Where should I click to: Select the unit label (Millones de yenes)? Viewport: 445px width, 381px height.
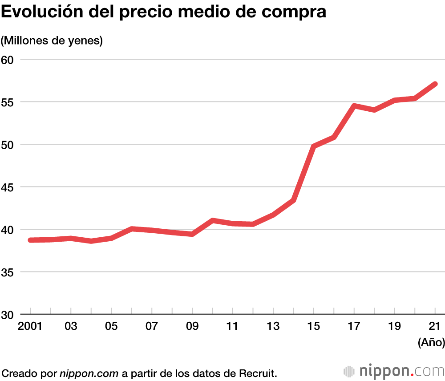click(52, 41)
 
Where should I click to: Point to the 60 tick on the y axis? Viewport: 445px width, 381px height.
click(7, 59)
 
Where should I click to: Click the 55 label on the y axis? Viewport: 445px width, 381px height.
click(7, 102)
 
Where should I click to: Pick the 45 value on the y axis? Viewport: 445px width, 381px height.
click(7, 187)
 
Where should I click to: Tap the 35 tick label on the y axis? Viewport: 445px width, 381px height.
click(7, 272)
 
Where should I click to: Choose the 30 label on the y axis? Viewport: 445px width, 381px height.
click(7, 314)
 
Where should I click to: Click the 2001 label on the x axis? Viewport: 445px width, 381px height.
click(30, 326)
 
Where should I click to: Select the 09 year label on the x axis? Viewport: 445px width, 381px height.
click(192, 326)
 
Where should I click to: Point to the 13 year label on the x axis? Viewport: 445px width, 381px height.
click(273, 326)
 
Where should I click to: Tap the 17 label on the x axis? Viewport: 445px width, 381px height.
click(354, 326)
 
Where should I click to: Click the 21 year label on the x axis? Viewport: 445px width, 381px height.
click(435, 326)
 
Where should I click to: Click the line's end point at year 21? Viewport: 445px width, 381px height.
click(435, 84)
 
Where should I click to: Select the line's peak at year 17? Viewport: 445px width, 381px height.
click(354, 106)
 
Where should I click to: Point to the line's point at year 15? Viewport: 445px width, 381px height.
click(314, 146)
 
